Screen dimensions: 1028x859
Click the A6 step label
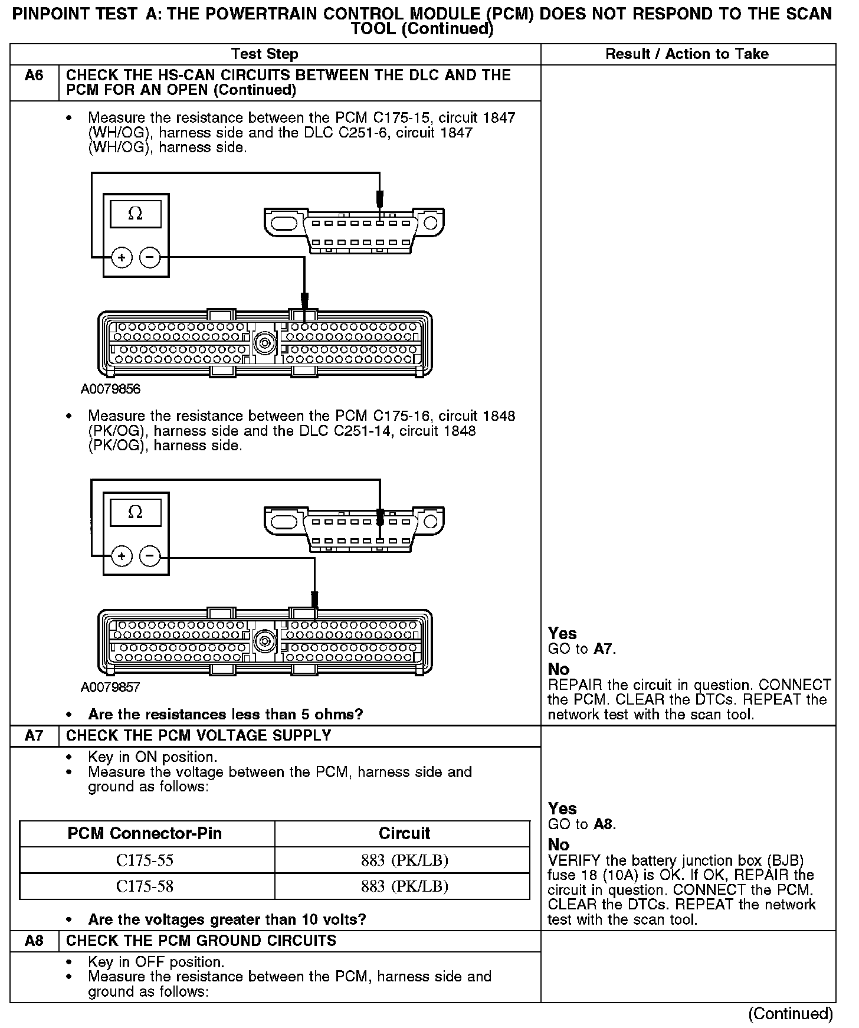pos(34,76)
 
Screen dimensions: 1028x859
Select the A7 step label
pos(34,736)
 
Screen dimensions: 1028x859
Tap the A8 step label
pos(34,941)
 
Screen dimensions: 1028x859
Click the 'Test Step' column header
pos(265,54)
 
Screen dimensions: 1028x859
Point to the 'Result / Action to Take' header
pos(687,54)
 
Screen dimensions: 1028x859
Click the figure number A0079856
pos(111,389)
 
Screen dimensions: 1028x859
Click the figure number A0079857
pos(111,687)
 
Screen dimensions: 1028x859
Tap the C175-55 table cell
pos(145,860)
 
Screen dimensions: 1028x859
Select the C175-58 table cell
pos(145,886)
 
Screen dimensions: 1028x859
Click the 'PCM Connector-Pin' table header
pos(145,833)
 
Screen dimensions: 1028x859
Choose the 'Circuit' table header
pos(404,833)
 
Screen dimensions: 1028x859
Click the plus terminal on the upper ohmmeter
pos(122,257)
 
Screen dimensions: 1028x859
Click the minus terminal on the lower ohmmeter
pos(150,556)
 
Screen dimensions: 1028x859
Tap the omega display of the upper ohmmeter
pos(136,214)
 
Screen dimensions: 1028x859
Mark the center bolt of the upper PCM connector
pos(264,341)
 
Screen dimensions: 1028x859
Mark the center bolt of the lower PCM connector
pos(264,640)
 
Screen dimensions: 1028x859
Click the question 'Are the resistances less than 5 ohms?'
pos(225,715)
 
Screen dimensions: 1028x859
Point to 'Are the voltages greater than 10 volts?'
pos(227,919)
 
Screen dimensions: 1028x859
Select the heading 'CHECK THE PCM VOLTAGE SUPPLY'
pos(199,736)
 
